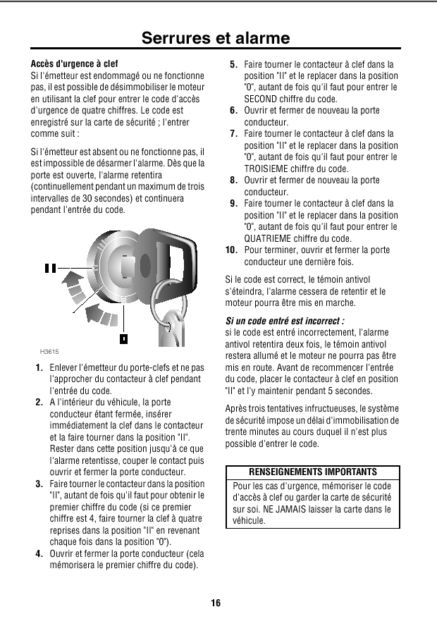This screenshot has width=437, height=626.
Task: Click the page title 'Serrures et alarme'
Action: click(216, 38)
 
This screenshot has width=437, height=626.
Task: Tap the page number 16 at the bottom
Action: click(216, 603)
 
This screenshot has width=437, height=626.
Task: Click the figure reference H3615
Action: click(49, 350)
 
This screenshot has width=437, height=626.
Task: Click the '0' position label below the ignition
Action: click(123, 339)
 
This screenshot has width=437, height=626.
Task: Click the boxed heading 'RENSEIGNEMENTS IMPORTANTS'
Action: click(313, 472)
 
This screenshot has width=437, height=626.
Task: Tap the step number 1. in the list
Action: click(39, 368)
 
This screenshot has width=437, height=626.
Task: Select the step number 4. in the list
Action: click(39, 553)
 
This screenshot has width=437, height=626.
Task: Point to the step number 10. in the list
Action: click(230, 250)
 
